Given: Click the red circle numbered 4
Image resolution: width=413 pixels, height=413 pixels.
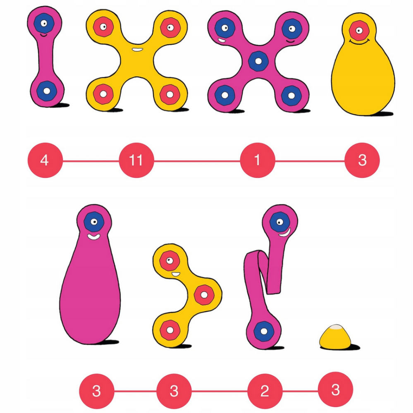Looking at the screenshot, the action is tap(45, 160).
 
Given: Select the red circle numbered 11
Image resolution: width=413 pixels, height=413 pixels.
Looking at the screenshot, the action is tap(136, 160).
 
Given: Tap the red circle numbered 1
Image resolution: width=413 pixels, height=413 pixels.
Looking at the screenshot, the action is tap(257, 160).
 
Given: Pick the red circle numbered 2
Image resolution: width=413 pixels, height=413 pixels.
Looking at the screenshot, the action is tap(265, 391).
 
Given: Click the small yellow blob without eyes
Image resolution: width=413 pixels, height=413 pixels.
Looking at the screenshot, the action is tap(335, 337).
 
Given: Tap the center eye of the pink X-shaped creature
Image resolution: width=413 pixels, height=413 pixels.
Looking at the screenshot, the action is tap(258, 61).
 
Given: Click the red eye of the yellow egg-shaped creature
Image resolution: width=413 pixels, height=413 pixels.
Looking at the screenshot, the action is tap(359, 30).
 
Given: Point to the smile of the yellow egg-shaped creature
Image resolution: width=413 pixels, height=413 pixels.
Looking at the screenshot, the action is tap(359, 42).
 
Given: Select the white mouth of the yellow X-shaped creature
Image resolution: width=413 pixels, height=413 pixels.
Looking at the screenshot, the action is tap(137, 50).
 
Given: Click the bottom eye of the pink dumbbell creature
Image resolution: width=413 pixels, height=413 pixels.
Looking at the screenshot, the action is tap(47, 91).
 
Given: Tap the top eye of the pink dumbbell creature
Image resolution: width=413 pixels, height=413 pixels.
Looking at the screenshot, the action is tap(44, 23).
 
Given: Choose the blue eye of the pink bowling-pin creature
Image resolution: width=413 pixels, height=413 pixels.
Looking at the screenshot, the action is tap(94, 222).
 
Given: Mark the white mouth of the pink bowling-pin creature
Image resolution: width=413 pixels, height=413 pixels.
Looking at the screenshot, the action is tap(94, 237).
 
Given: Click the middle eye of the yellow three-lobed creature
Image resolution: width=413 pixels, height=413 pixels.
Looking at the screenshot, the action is tap(204, 295).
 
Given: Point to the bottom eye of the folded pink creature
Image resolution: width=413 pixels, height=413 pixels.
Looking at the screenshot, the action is tap(264, 331).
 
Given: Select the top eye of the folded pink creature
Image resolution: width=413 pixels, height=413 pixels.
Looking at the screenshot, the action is tap(280, 222).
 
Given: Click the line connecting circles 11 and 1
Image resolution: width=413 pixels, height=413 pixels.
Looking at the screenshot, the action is tap(197, 161).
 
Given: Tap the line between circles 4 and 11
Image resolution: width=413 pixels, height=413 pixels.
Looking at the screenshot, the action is tap(91, 161).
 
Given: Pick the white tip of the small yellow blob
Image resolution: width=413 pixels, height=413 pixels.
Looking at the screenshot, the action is tap(336, 327).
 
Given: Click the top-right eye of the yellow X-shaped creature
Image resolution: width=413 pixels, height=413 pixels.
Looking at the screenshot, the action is tap(170, 27).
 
